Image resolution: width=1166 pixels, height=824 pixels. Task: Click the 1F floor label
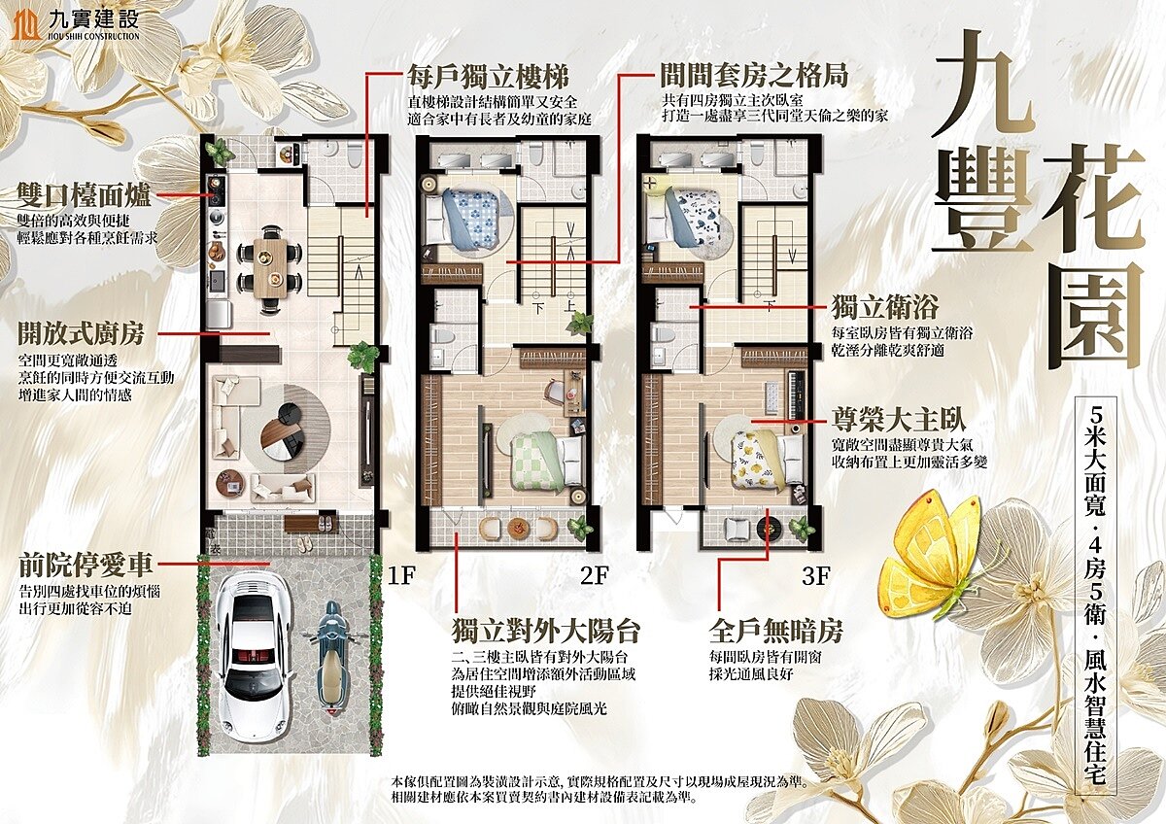(402, 574)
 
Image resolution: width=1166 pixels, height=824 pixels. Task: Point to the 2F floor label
(594, 574)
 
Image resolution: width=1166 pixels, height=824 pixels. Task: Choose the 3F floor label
(815, 574)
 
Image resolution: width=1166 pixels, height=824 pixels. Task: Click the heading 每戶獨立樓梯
(488, 77)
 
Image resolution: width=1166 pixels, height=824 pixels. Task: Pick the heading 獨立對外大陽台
(546, 631)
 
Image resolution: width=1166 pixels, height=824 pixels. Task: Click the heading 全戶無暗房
(772, 631)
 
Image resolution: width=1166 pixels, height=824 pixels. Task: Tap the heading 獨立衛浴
(884, 309)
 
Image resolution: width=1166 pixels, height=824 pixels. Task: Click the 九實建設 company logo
(75, 23)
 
